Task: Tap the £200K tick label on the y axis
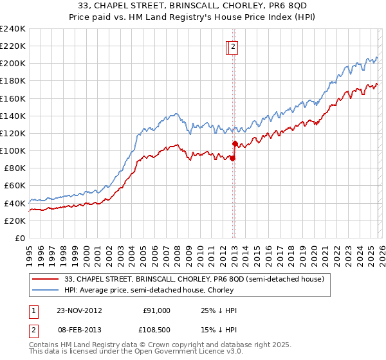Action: click(12, 64)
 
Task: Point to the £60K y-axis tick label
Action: click(14, 186)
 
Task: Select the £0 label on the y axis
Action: click(21, 238)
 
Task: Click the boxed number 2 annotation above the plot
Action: click(233, 46)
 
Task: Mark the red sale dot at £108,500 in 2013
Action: click(235, 143)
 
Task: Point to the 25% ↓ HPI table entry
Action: click(219, 310)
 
